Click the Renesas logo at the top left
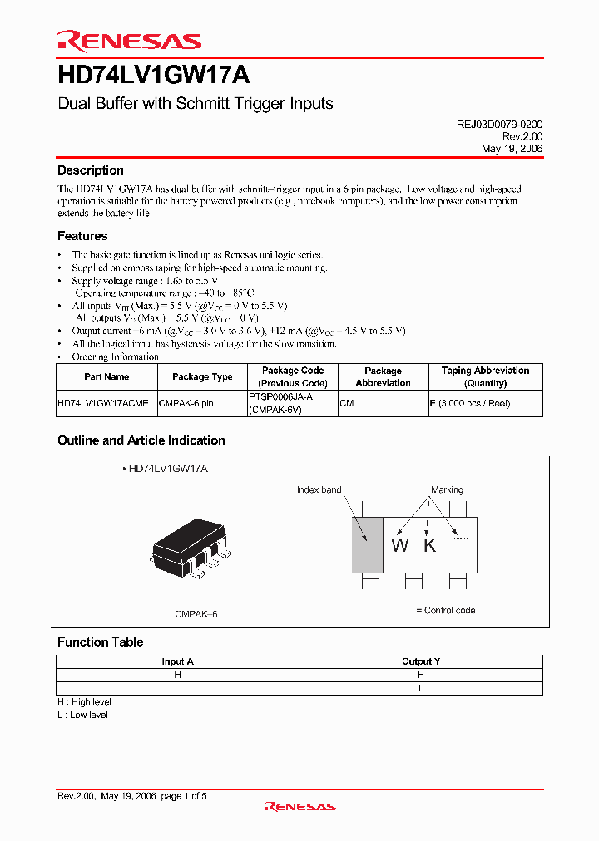click(x=129, y=41)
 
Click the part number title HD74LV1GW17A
click(x=153, y=76)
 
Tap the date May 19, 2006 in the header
click(x=512, y=148)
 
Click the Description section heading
click(x=91, y=170)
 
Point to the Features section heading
click(x=82, y=236)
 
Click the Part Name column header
click(x=106, y=376)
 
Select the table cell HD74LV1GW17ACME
click(x=103, y=403)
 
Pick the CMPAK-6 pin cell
click(x=186, y=403)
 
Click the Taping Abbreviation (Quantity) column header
click(x=485, y=376)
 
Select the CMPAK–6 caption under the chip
click(x=196, y=614)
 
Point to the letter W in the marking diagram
click(x=400, y=545)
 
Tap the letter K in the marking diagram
click(x=429, y=545)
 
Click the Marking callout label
click(x=447, y=489)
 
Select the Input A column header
click(x=177, y=661)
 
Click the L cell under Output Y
click(x=421, y=688)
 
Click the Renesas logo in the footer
click(x=299, y=806)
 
